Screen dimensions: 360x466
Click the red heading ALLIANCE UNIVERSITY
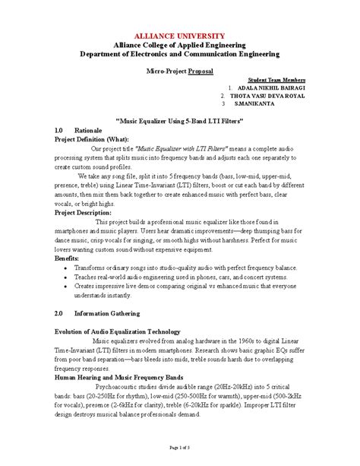coord(179,36)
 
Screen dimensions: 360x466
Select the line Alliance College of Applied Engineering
coord(179,45)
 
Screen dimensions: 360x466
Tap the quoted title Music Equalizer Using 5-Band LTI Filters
coord(179,121)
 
